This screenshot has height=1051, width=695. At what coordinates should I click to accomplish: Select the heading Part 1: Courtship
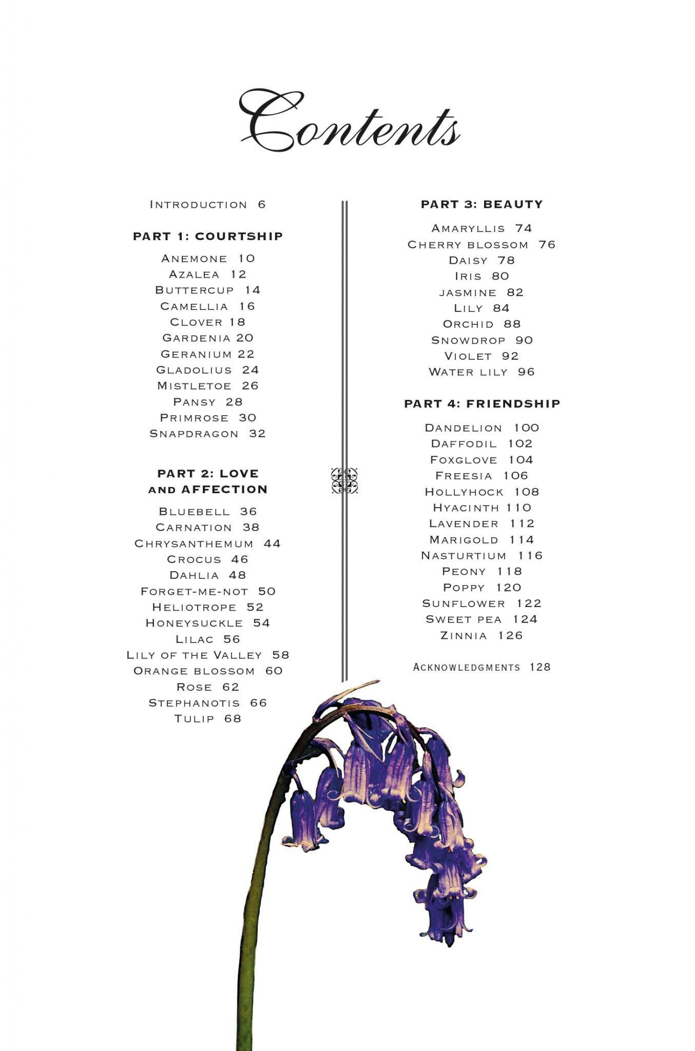pyautogui.click(x=208, y=237)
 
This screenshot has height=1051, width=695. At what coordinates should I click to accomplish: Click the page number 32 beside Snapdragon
pyautogui.click(x=257, y=434)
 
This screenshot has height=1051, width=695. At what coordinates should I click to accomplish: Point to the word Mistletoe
pyautogui.click(x=194, y=386)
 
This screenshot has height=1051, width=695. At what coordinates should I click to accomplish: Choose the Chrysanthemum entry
pyautogui.click(x=207, y=543)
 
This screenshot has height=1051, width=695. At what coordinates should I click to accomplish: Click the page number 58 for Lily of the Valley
pyautogui.click(x=281, y=655)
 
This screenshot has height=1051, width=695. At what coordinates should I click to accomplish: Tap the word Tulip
pyautogui.click(x=194, y=719)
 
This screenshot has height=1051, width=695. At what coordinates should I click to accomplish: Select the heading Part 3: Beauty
pyautogui.click(x=481, y=205)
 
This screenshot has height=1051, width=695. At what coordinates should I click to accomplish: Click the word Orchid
pyautogui.click(x=468, y=324)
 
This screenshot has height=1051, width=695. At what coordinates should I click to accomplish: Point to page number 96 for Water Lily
pyautogui.click(x=526, y=372)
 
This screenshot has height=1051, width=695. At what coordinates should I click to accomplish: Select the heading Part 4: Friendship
pyautogui.click(x=482, y=404)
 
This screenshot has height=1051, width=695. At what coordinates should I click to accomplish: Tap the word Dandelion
pyautogui.click(x=464, y=428)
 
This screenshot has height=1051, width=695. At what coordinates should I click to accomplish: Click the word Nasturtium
pyautogui.click(x=464, y=556)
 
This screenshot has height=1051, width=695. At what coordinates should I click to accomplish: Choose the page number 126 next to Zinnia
pyautogui.click(x=510, y=636)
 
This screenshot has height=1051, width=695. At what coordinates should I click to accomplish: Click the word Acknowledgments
pyautogui.click(x=467, y=667)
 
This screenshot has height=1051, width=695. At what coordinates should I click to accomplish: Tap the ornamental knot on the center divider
pyautogui.click(x=344, y=481)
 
